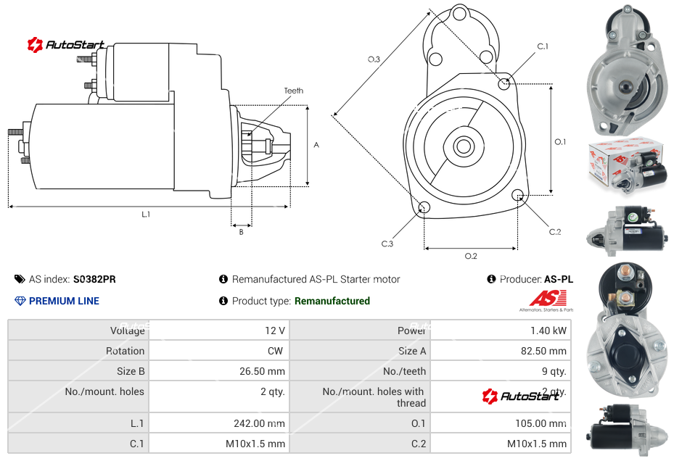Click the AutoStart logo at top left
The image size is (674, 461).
[x=66, y=45]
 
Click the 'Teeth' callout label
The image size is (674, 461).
[x=293, y=91]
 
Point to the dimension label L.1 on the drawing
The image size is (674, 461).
[x=146, y=214]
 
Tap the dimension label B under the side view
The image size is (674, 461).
[x=241, y=232]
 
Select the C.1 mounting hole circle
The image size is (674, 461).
[x=504, y=84]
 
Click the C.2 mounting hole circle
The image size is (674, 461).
[x=518, y=196]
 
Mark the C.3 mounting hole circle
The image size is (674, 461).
[x=424, y=209]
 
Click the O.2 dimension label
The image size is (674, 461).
[x=471, y=255]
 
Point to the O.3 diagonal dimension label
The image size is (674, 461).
[x=374, y=59]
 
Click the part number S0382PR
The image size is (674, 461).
[x=94, y=279]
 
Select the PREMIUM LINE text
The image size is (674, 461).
[x=64, y=301]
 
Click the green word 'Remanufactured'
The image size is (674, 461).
[x=332, y=301]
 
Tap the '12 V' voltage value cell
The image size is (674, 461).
[x=275, y=331]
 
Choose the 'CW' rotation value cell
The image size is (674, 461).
[x=278, y=351]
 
